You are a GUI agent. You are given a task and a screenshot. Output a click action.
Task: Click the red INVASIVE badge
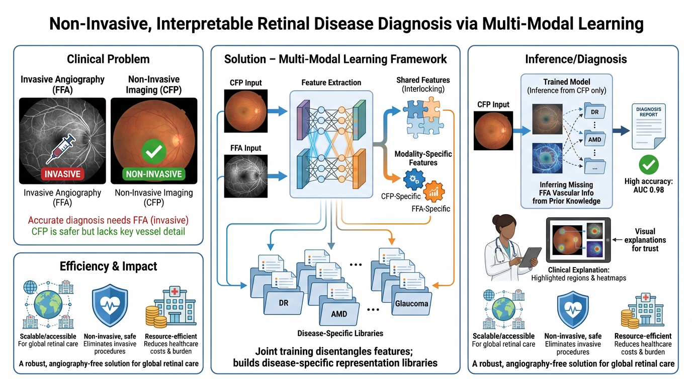pos(62,174)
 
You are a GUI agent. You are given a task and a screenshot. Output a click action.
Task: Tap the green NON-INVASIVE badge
pos(153,174)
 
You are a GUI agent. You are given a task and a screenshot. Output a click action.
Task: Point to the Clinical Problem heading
pos(108,59)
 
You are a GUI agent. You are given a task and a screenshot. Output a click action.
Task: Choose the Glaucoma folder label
pos(411,303)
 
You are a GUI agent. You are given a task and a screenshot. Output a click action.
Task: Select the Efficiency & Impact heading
pos(108,267)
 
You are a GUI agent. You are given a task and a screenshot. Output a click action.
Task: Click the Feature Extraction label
pos(331,82)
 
